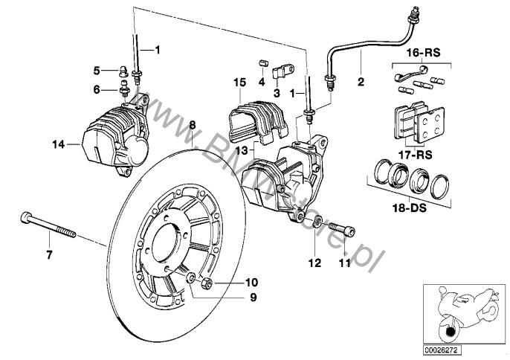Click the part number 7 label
[x=50, y=255]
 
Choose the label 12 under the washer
[x=314, y=262]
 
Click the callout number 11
[x=344, y=262]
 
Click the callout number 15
[x=238, y=82]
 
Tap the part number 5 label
[x=97, y=71]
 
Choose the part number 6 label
[x=97, y=89]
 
